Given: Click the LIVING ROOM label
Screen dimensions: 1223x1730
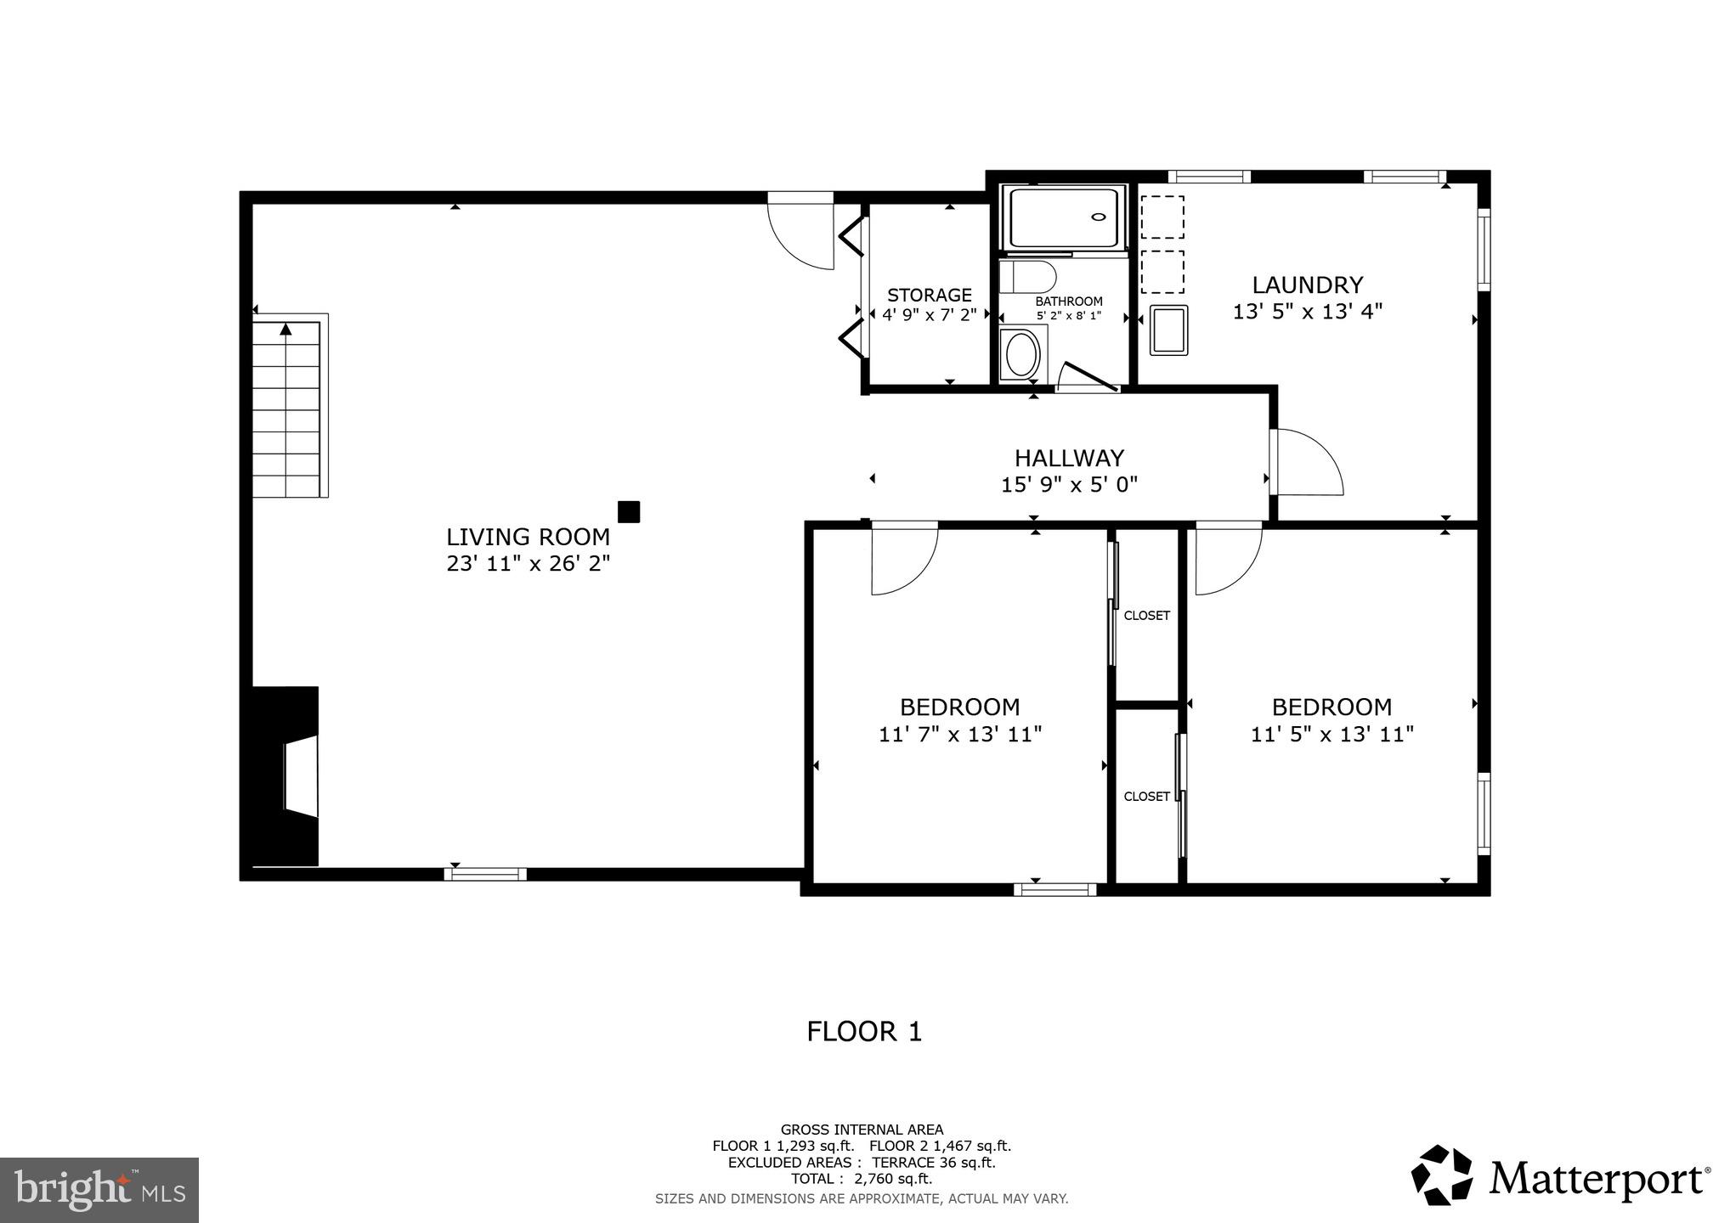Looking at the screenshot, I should [x=528, y=537].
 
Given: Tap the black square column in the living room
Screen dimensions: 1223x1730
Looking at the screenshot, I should [x=628, y=511].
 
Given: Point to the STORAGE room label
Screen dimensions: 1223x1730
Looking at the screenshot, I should [x=929, y=295].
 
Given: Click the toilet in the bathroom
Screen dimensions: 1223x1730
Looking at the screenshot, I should [x=1028, y=277].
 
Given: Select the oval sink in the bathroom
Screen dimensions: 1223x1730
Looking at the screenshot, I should [x=1021, y=354].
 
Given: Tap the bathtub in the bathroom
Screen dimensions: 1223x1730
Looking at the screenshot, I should [x=1065, y=217].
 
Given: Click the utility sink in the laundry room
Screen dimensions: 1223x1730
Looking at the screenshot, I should [x=1168, y=330].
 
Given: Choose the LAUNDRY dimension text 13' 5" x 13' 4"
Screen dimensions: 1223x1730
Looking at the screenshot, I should [x=1307, y=312].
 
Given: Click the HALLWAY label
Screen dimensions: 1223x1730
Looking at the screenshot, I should [x=1069, y=458].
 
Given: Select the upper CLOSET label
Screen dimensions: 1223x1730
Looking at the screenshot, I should [x=1146, y=616].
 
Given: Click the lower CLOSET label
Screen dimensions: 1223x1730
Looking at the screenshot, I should [x=1146, y=797].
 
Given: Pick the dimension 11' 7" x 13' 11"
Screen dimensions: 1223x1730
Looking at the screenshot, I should [x=960, y=734].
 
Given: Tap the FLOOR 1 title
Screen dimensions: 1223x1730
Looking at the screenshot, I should [x=863, y=1031].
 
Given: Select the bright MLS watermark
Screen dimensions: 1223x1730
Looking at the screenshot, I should [x=99, y=1190].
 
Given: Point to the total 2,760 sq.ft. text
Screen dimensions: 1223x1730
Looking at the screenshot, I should [x=861, y=1179].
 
